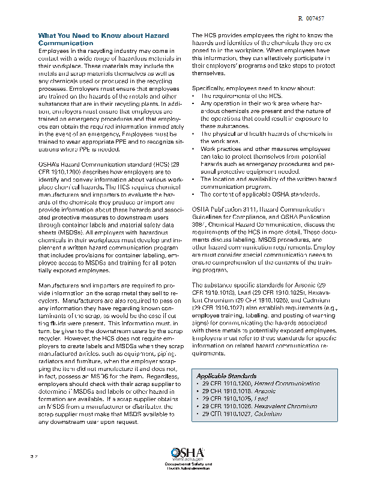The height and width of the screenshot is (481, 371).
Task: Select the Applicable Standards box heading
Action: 226,376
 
